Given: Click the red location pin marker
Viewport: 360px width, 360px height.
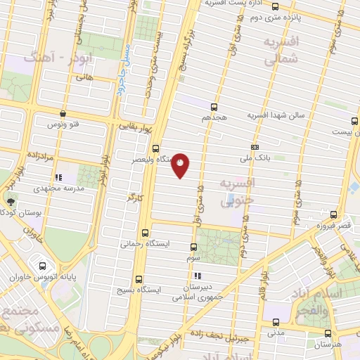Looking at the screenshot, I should tap(181, 165).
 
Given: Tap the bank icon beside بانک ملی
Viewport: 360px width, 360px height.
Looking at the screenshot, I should tap(255, 147).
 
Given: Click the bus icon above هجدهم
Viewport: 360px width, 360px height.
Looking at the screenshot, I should tap(214, 106).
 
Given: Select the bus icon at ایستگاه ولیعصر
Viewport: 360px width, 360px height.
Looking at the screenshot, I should tap(155, 148).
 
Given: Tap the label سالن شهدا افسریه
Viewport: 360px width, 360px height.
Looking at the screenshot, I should tap(276, 114).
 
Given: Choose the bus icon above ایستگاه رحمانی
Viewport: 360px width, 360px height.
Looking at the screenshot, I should tap(146, 233).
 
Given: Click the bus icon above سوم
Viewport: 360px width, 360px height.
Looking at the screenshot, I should tap(194, 247).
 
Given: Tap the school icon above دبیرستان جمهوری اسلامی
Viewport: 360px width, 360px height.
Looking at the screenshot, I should tap(199, 276).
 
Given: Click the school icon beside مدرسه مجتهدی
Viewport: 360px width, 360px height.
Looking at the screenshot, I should tap(59, 178).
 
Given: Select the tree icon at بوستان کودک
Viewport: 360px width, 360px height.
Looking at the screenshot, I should tap(8, 202).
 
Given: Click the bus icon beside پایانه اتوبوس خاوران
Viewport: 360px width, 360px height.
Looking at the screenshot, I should tap(44, 266).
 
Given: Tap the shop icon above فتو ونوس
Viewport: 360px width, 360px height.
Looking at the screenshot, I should tap(63, 112).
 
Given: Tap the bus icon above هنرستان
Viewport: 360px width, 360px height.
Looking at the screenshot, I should tap(328, 333).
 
